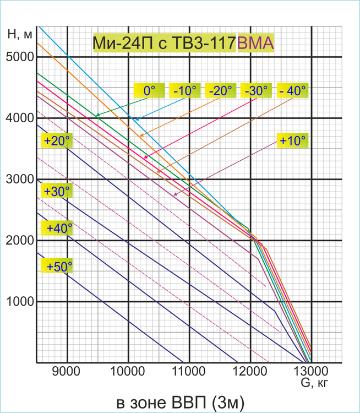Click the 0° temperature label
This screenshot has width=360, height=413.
(147, 90)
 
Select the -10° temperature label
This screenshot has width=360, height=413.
(184, 90)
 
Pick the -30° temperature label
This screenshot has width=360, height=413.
(256, 90)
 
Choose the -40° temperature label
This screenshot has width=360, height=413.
(292, 90)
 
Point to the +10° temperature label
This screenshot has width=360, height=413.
(292, 140)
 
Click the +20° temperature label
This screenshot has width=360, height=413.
(57, 140)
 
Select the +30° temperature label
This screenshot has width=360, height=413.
(57, 191)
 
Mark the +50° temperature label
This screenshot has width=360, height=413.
(58, 267)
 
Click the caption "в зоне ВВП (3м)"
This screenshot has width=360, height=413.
(180, 400)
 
